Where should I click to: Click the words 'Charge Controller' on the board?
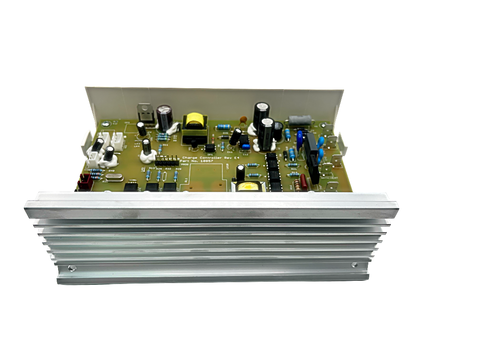pos(199,158)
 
